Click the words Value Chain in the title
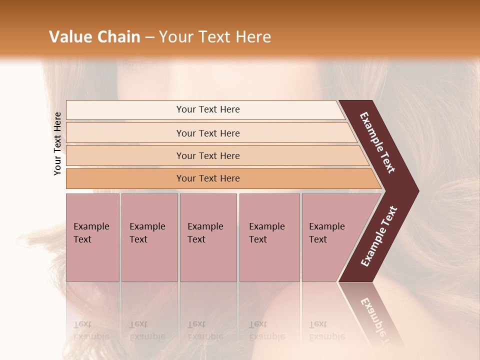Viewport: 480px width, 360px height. tap(94, 37)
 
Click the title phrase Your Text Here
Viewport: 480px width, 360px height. tap(215, 37)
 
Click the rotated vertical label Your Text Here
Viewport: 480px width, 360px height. tap(57, 143)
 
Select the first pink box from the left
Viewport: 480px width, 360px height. tap(92, 237)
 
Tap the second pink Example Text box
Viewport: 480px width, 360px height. tap(149, 237)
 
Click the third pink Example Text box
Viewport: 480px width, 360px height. tap(208, 237)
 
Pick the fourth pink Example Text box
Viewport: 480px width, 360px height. tap(269, 237)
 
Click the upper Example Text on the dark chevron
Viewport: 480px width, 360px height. tap(377, 142)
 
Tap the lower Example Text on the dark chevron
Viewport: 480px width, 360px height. tap(379, 236)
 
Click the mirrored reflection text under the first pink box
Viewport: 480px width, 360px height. tap(91, 330)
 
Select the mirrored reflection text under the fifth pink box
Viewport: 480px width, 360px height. tap(326, 330)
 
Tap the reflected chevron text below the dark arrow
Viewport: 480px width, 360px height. tap(376, 320)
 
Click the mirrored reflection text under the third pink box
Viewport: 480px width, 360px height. tap(205, 330)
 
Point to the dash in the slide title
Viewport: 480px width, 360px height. tap(149, 37)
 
